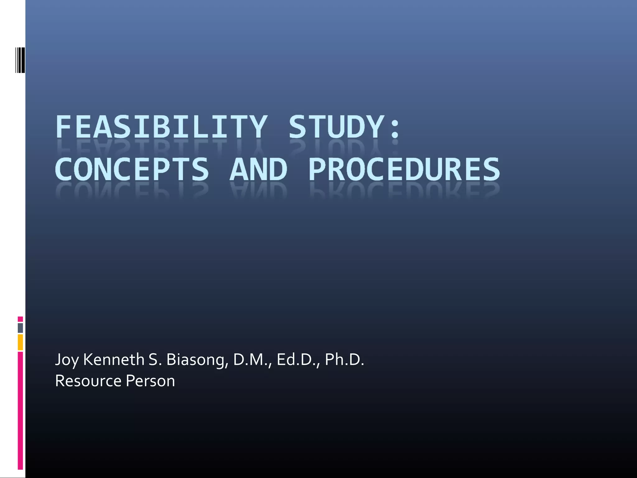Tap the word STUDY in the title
point(336,127)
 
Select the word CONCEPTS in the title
point(132,169)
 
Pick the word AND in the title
point(258,169)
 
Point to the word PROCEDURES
point(404,169)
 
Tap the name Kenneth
point(114,359)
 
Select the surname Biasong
point(197,360)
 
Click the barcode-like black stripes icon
point(20,60)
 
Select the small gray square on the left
point(20,328)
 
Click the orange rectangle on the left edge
point(20,342)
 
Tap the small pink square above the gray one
point(20,319)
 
